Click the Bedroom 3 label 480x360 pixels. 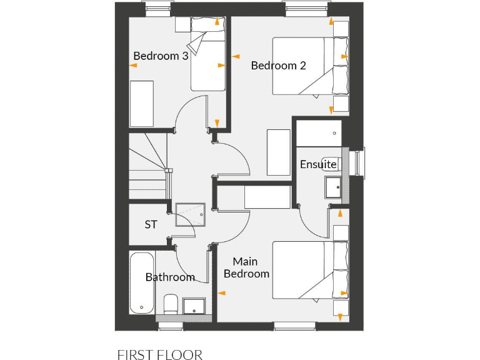pos(161,56)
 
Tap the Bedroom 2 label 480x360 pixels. pos(278,65)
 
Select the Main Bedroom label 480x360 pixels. pos(246,267)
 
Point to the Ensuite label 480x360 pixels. pos(319,164)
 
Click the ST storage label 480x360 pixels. pos(151,224)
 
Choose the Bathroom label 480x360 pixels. pos(170,277)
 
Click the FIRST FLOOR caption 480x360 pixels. pos(159,355)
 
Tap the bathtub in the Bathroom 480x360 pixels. pos(141,282)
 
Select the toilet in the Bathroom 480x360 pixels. pos(171,304)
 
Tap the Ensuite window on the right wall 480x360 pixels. pos(357,164)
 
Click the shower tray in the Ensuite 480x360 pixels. pos(319,132)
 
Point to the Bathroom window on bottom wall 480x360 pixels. pos(170,326)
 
